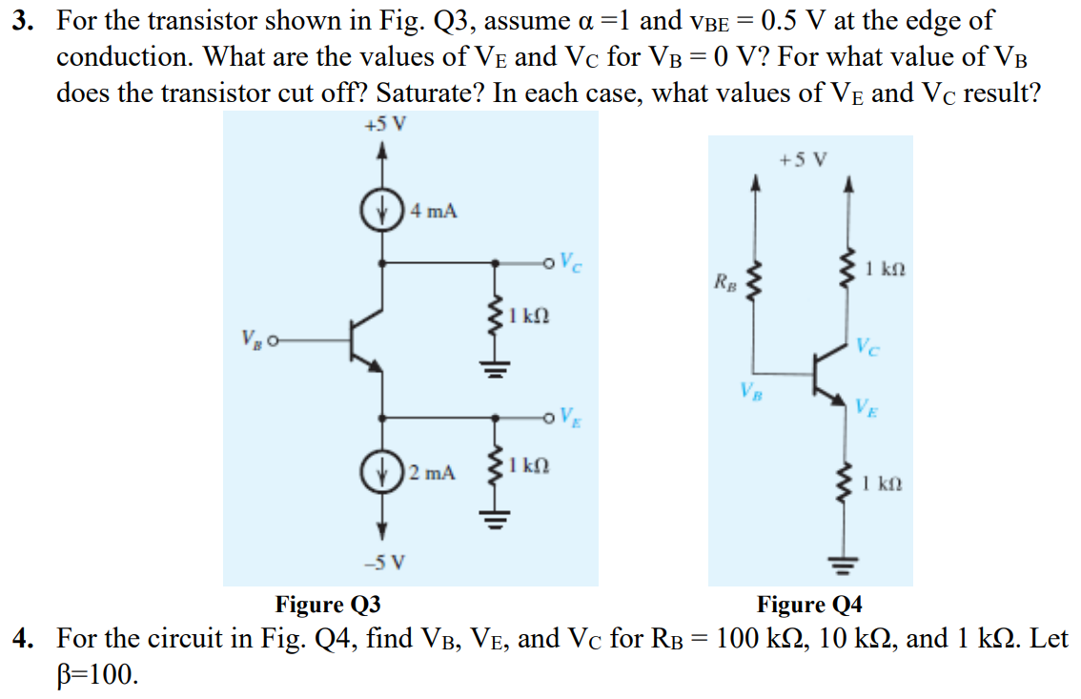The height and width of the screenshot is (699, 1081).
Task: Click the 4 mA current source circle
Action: [x=381, y=210]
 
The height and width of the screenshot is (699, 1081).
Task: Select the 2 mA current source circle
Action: [x=381, y=471]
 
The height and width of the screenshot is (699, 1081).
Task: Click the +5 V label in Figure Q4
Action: [x=803, y=160]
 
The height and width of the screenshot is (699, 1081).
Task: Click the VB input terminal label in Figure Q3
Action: [x=252, y=339]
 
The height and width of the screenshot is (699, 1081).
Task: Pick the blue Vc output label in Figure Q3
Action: [x=571, y=262]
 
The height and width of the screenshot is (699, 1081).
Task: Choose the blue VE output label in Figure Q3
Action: [x=571, y=417]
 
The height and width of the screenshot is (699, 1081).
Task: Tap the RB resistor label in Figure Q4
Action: [x=724, y=282]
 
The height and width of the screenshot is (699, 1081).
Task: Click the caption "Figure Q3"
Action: [x=328, y=604]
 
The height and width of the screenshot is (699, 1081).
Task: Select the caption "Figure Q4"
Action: [x=809, y=604]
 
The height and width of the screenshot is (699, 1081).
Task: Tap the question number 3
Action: [x=23, y=21]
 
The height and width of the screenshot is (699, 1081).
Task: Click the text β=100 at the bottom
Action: [x=97, y=674]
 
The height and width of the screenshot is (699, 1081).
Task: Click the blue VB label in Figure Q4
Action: [x=751, y=392]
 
